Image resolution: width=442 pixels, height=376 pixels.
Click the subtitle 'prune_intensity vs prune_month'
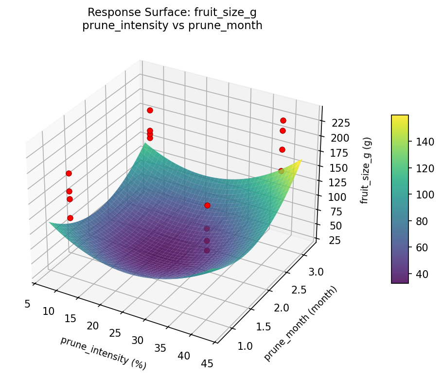(x=172, y=26)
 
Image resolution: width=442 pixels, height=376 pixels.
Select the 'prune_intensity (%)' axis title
(x=103, y=352)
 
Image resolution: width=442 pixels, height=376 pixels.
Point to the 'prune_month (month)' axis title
(x=300, y=324)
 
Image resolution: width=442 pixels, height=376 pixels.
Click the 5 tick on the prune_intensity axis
(x=27, y=304)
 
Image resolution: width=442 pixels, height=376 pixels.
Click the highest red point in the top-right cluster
(x=283, y=120)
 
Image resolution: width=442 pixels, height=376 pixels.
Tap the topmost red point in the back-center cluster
(x=150, y=110)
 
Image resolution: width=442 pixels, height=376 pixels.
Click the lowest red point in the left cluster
(x=70, y=218)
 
